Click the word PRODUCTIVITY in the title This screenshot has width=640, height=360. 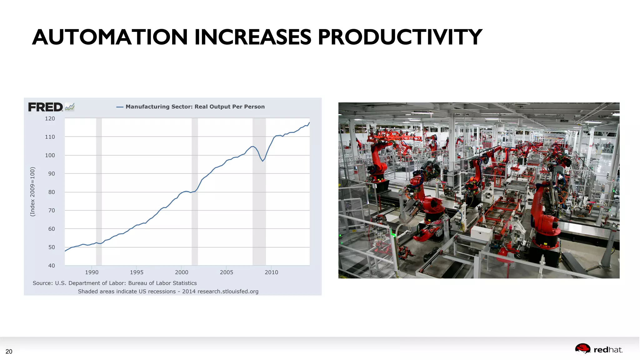pos(400,37)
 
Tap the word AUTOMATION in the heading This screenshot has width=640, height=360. pos(110,37)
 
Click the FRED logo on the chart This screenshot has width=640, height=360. pos(46,107)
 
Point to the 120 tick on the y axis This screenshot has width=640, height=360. pos(50,119)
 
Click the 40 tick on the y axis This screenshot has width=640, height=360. pos(51,266)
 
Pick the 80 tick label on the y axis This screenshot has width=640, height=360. pos(51,192)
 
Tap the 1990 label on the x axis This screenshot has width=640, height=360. pos(92,272)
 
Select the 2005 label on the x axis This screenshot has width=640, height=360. pos(226,272)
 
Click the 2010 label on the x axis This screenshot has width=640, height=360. pos(271,272)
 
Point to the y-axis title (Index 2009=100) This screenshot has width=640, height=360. pos(32,192)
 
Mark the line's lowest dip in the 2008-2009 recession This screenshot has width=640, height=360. pos(263,161)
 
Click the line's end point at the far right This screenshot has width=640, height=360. pos(309,122)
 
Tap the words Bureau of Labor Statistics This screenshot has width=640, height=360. pos(162,283)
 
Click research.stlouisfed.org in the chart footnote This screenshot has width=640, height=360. pos(228,291)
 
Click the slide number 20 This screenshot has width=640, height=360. pos(9,352)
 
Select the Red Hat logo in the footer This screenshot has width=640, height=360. pos(598,349)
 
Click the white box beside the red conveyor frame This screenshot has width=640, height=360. pos(482,233)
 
